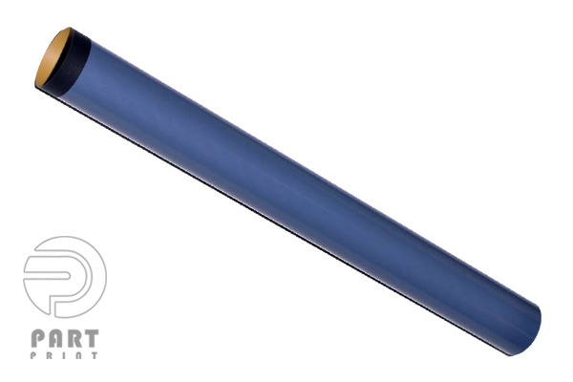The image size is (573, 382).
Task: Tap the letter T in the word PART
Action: coord(91,338)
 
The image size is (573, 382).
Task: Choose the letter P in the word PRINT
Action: coord(33,355)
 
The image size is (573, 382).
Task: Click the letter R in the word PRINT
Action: coord(50,355)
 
